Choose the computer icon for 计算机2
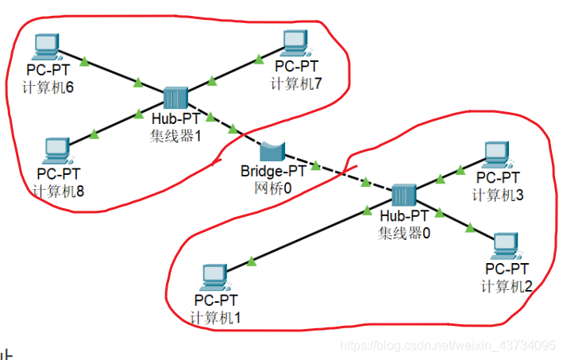click(x=505, y=245)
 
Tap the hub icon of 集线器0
click(x=403, y=195)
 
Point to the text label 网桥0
click(x=273, y=188)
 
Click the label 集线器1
click(x=176, y=135)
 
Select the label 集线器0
click(x=404, y=232)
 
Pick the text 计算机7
click(x=297, y=83)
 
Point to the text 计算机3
click(x=497, y=195)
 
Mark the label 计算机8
click(x=59, y=190)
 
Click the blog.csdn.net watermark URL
click(x=448, y=346)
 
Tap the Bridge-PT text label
click(x=273, y=171)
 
